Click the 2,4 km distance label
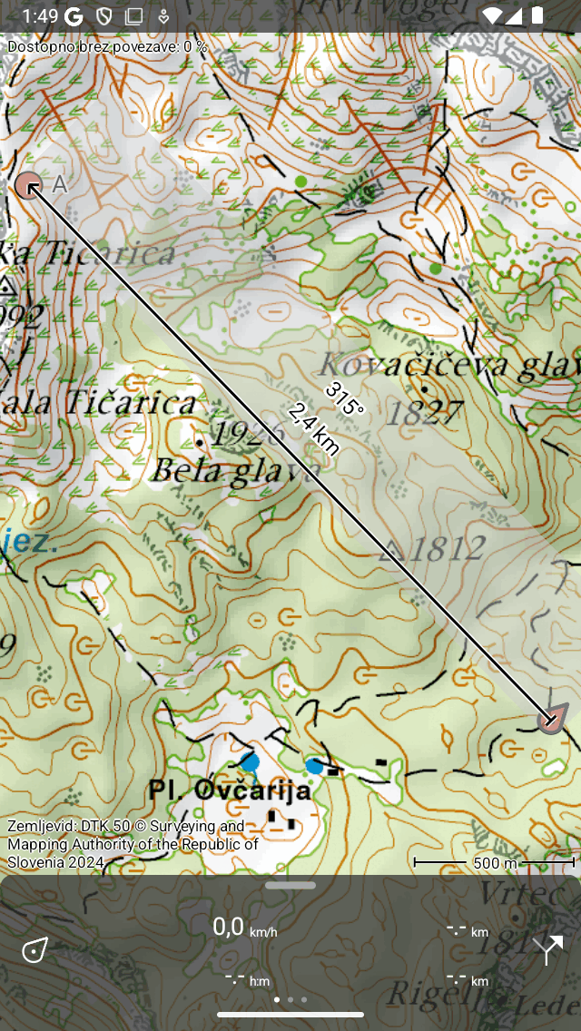click(314, 428)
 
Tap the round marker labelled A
click(29, 186)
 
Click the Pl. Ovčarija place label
click(230, 790)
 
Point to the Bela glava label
click(234, 470)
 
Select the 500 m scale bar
click(493, 862)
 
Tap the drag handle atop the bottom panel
click(290, 885)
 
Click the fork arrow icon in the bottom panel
click(547, 950)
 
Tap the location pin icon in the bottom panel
click(35, 950)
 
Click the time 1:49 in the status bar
click(40, 15)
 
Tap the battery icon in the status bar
click(538, 15)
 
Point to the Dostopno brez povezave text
click(107, 46)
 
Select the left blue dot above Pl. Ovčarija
click(251, 761)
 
